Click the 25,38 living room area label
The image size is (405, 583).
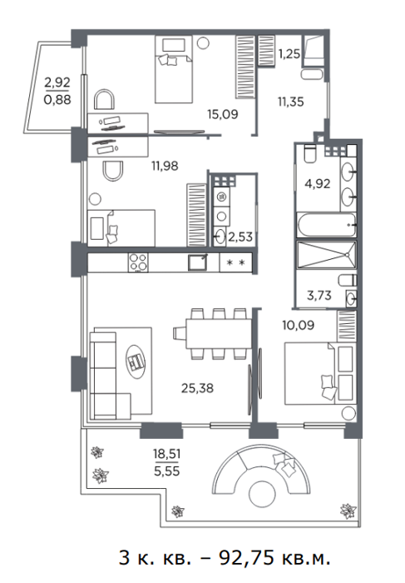(197, 388)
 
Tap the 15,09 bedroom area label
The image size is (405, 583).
(222, 114)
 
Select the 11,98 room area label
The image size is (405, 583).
(165, 166)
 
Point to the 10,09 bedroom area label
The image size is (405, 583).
(298, 325)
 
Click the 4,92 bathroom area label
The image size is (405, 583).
(318, 184)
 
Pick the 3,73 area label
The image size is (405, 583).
(319, 296)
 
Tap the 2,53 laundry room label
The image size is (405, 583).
(240, 237)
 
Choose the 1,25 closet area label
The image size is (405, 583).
(289, 54)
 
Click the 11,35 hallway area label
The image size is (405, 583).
(291, 101)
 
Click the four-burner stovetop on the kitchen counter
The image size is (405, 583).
(138, 262)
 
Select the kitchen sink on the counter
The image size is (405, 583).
(197, 262)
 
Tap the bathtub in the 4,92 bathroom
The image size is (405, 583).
(326, 225)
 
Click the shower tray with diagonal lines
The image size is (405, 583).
(326, 255)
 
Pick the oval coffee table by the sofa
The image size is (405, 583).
(136, 361)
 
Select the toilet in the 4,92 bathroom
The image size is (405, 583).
(309, 154)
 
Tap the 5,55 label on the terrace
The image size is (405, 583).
(166, 471)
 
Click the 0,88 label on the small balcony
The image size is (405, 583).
(57, 100)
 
